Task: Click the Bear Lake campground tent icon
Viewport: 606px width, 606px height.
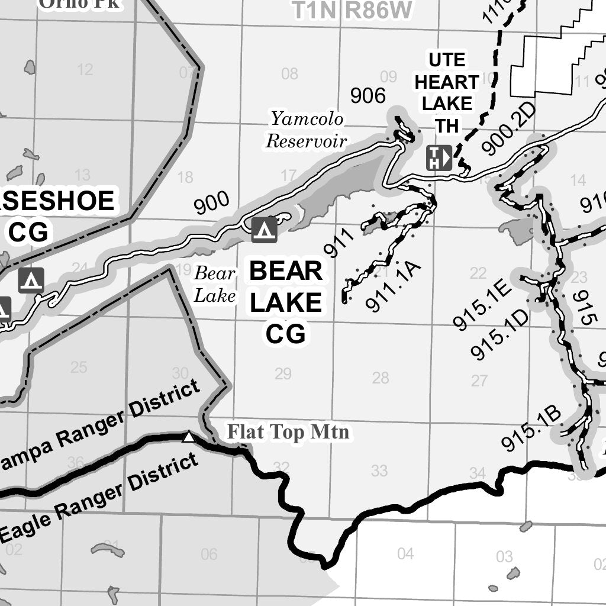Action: coord(265,230)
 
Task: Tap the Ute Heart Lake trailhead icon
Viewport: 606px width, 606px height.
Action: coord(439,158)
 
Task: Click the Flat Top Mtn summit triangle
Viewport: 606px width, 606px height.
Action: coord(188,437)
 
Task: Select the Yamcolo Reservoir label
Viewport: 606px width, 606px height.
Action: coord(305,130)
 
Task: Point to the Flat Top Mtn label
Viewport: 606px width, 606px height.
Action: coord(288,433)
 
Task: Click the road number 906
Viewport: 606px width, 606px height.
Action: coord(368,95)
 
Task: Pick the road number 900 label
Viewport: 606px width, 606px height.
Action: coord(212,203)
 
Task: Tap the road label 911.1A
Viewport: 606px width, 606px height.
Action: coord(393,286)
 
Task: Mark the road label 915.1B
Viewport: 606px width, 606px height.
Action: coord(530,428)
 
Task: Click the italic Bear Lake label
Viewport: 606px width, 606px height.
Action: coord(215,285)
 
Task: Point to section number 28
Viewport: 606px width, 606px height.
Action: coord(381,378)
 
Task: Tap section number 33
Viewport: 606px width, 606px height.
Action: coord(379,470)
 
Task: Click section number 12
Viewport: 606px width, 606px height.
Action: coord(85,70)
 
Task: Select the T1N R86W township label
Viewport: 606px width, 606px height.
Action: coord(352,10)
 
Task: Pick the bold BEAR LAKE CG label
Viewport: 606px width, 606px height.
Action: coord(286,302)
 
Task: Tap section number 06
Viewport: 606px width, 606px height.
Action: coord(209,555)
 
